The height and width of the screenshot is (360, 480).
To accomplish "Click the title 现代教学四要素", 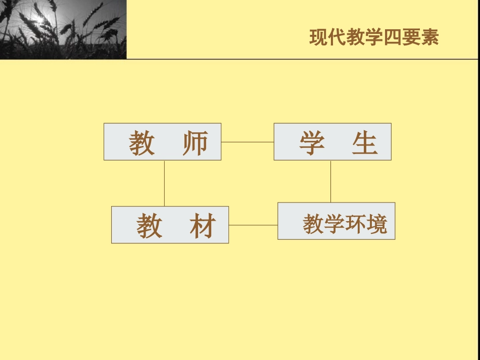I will [x=374, y=38].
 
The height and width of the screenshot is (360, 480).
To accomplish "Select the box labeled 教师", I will [x=162, y=142].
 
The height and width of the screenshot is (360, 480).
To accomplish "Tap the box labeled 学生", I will [x=332, y=142].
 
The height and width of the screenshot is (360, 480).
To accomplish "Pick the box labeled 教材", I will [x=170, y=225].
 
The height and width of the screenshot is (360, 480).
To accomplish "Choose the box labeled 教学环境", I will [x=336, y=221].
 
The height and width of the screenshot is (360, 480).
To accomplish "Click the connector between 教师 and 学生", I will [x=248, y=142].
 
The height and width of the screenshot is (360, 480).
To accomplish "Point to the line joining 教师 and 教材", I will [x=165, y=183].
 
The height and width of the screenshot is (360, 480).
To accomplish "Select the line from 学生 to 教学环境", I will [x=331, y=181].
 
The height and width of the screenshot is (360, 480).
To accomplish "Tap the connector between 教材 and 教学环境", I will [x=253, y=225].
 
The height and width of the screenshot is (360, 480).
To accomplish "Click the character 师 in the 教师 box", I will [x=195, y=143].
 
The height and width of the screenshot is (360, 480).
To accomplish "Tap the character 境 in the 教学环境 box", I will [x=377, y=224].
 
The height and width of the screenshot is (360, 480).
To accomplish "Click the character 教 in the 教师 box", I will [x=141, y=143].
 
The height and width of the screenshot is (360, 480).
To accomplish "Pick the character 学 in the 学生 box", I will [x=312, y=143].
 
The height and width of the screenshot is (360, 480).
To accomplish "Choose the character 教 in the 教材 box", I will [x=150, y=226].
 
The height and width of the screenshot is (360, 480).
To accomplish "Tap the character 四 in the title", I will [x=393, y=38].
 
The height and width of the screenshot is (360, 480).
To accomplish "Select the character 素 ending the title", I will [x=430, y=38].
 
